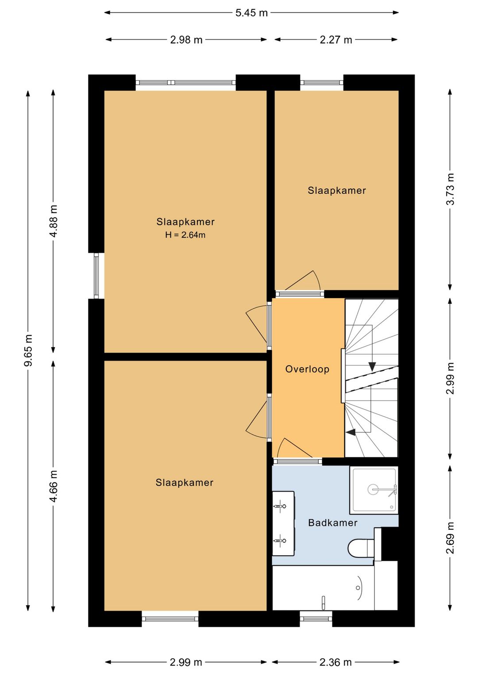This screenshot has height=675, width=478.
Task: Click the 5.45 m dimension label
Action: (x=251, y=13)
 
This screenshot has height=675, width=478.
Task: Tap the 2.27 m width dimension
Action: (x=336, y=40)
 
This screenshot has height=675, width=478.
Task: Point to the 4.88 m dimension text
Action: (x=54, y=221)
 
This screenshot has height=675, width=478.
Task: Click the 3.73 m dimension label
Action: (x=450, y=189)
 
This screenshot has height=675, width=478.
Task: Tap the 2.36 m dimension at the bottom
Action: (x=335, y=662)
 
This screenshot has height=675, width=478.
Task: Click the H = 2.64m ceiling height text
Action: (x=185, y=235)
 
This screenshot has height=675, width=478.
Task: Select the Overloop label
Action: (x=307, y=369)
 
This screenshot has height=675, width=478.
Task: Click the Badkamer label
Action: (x=333, y=522)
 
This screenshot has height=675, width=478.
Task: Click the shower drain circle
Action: (x=373, y=489)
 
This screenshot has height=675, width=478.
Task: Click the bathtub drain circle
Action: (x=358, y=587)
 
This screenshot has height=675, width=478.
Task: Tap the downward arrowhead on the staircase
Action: (x=372, y=366)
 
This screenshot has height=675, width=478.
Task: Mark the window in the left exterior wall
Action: (x=96, y=276)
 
